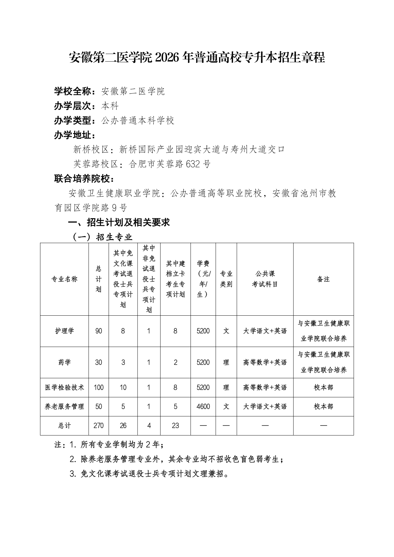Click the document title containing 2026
[x=197, y=58]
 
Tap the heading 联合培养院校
[x=84, y=179]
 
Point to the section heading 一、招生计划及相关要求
[x=119, y=222]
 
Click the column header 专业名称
[x=64, y=279]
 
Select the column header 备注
[x=323, y=279]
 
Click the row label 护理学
[x=64, y=331]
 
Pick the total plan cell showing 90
[x=98, y=331]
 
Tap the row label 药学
[x=64, y=362]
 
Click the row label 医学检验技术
[x=64, y=387]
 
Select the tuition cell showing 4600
[x=203, y=406]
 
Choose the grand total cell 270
[x=98, y=426]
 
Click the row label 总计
[x=64, y=426]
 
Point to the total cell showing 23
[x=175, y=426]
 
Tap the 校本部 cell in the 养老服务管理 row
[x=323, y=406]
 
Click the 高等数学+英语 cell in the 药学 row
[x=265, y=362]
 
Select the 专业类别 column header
[x=226, y=279]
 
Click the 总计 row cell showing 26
[x=123, y=426]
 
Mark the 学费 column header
[x=203, y=279]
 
